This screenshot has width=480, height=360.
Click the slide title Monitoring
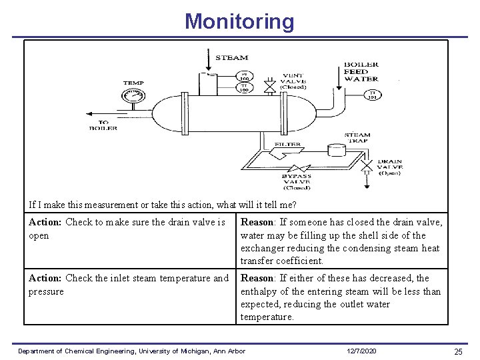point(239,21)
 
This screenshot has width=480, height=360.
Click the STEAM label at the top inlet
point(231,58)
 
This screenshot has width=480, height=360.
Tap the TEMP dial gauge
point(133,97)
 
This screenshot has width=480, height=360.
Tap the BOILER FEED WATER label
point(361,71)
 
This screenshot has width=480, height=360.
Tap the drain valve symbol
point(367,164)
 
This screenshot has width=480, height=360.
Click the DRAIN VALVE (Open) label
point(390,167)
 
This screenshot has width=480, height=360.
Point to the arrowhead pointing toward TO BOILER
point(91,113)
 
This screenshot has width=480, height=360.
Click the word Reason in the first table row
point(257,222)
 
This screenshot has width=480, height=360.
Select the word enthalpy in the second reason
point(260,291)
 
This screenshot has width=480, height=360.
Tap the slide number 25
point(458,351)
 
